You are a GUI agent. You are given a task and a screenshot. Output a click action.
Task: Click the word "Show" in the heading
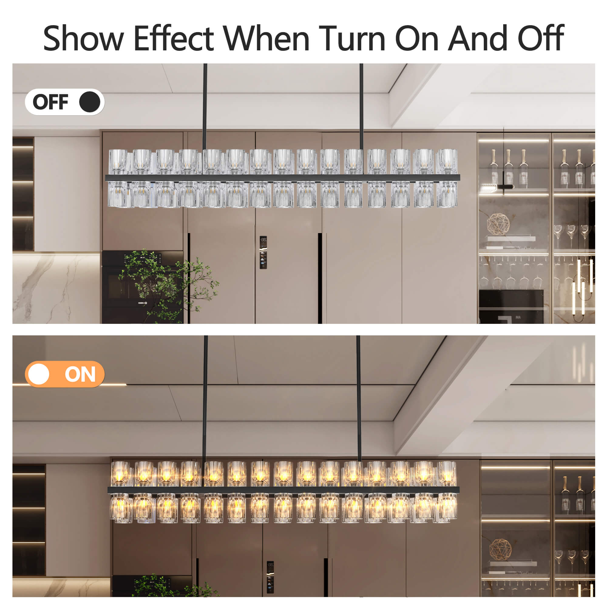coord(83,38)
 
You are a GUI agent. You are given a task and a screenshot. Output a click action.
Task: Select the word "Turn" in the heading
coord(352,38)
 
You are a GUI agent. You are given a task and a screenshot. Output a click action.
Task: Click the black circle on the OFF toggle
coord(90,102)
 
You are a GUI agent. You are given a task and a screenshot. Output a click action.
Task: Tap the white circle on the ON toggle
coord(39,374)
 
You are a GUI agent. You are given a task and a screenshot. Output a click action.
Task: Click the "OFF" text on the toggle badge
coord(51,102)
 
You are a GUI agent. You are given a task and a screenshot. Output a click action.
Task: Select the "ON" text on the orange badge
coord(80,374)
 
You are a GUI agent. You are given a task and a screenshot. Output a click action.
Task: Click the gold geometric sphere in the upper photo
coord(498,224)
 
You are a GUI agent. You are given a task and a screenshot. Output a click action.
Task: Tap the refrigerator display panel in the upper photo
coord(263,252)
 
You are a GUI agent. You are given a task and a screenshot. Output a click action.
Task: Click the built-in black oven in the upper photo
coord(143,287)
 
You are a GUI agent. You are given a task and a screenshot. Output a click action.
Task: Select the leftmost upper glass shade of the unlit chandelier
coord(118,161)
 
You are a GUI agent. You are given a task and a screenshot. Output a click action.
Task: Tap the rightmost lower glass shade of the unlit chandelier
coord(447,194)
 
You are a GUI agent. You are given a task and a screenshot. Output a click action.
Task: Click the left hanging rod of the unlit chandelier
coord(205,107)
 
